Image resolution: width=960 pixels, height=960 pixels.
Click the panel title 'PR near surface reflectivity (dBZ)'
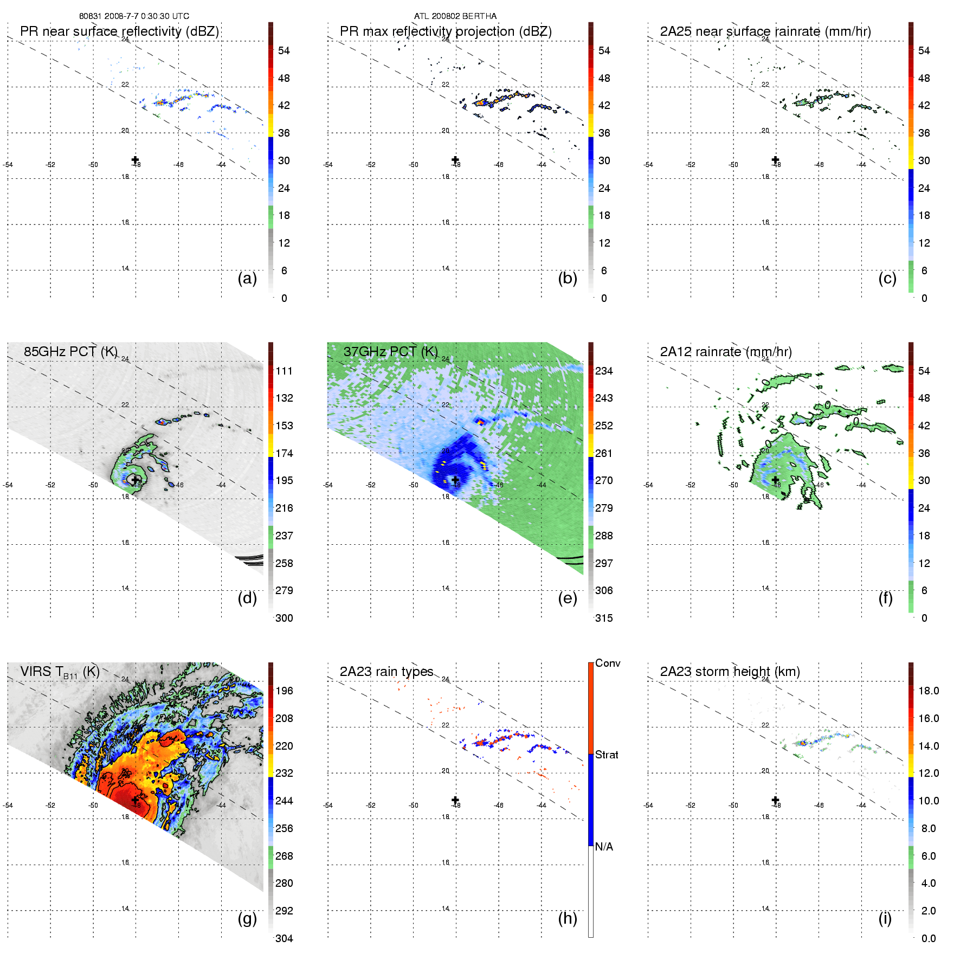(119, 31)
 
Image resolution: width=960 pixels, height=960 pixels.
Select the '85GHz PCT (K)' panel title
(70, 352)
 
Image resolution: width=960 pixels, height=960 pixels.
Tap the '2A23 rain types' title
(386, 672)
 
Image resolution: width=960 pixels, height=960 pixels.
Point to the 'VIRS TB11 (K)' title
(60, 672)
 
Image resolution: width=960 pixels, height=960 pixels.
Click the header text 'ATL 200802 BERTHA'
(455, 16)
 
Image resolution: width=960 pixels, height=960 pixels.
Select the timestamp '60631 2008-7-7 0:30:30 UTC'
(134, 16)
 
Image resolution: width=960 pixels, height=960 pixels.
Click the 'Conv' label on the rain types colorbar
(607, 663)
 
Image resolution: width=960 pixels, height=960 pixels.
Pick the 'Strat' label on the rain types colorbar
(607, 755)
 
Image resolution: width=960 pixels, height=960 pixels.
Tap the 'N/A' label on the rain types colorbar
(604, 847)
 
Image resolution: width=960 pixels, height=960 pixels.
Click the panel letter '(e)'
(567, 598)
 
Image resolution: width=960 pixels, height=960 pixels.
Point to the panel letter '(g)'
(247, 918)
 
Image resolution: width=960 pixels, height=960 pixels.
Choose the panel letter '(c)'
(887, 278)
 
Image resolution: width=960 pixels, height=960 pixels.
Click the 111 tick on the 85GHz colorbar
(284, 371)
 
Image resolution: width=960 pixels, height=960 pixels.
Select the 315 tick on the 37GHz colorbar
(604, 618)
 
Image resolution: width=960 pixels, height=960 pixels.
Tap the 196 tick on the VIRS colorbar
(284, 691)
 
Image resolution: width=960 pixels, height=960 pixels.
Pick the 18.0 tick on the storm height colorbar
(928, 691)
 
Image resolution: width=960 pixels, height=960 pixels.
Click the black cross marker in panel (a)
(135, 160)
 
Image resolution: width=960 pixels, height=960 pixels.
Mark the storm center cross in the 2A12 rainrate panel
(775, 480)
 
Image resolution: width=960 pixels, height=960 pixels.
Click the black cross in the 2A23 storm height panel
(775, 800)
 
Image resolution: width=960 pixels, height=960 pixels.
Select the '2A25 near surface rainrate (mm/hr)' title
(765, 31)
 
